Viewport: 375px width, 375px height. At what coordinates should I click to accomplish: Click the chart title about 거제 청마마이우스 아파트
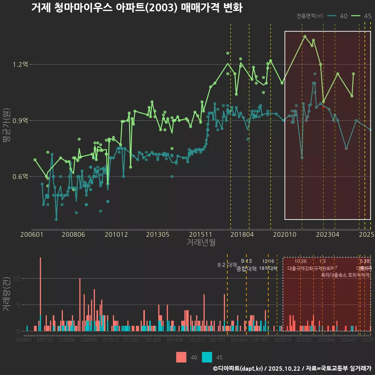(x=137, y=8)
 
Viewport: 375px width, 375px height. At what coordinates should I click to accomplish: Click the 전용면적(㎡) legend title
(x=310, y=16)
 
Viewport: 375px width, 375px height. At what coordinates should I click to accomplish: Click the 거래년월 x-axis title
(x=201, y=242)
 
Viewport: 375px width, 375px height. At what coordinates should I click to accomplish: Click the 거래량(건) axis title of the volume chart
(x=7, y=294)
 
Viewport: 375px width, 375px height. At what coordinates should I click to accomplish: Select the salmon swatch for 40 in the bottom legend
(x=181, y=357)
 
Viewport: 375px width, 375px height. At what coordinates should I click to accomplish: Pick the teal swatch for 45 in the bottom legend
(x=207, y=357)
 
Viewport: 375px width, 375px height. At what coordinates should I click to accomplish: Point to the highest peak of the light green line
(x=305, y=36)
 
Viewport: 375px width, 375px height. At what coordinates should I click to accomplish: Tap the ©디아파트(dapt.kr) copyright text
(x=237, y=368)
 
